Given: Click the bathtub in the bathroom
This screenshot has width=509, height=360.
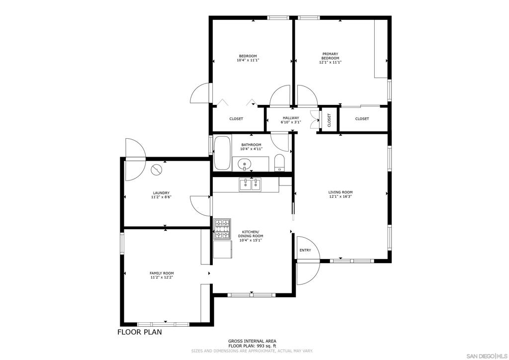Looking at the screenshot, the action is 222,153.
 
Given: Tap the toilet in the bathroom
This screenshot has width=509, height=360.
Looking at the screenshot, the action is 279,163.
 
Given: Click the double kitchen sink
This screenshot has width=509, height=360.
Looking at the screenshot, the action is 251,184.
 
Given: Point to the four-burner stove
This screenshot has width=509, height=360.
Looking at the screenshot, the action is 222,229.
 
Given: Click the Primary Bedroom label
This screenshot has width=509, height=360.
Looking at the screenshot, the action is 330,56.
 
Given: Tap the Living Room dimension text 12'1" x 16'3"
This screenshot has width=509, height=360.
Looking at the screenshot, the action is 340,196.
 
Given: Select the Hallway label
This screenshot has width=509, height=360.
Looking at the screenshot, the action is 291,118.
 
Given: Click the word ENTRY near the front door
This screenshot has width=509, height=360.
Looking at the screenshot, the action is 305,250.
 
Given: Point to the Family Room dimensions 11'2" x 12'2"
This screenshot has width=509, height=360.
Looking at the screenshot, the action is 162,277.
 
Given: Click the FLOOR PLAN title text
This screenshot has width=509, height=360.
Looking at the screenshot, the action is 140,332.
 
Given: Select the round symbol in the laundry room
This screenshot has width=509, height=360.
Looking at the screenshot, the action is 156,170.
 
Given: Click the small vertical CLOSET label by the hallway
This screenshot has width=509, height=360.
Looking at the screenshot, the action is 329,120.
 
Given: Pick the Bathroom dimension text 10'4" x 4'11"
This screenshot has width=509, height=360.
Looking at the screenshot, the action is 251,149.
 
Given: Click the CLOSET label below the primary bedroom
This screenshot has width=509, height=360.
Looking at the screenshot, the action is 362,119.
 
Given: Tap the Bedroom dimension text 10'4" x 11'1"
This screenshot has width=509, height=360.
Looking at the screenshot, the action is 248,60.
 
